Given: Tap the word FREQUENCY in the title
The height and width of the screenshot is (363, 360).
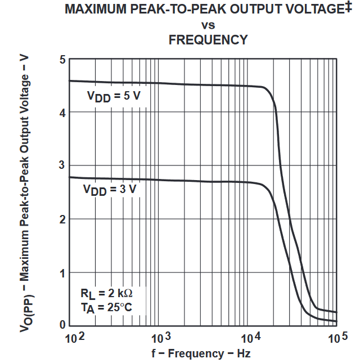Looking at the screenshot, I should (x=208, y=40).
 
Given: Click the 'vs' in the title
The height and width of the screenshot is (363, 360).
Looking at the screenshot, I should (x=208, y=25).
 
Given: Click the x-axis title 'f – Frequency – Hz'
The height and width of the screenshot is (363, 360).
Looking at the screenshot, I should (x=201, y=354).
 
